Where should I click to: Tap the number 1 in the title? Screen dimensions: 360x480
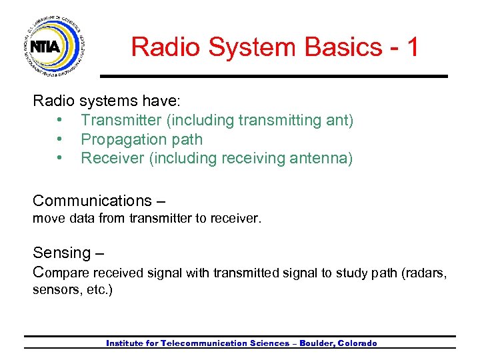(411, 47)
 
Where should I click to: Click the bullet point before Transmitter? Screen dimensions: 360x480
(60, 121)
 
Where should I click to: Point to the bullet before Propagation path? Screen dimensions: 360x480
(60, 140)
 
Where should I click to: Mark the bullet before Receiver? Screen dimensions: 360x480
(60, 159)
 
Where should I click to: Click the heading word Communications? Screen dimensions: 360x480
(92, 201)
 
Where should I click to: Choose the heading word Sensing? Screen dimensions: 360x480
(61, 253)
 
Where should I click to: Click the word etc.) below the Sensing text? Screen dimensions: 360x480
(99, 291)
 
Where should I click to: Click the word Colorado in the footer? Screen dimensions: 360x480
(357, 343)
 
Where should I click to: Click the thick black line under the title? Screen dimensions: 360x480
(273, 76)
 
